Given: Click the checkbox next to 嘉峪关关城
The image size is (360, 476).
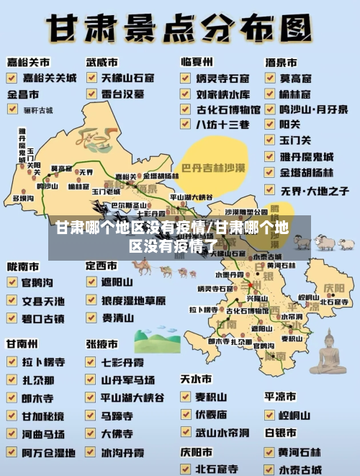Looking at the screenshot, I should pyautogui.click(x=13, y=76).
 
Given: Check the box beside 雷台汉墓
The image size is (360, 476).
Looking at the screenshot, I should pyautogui.click(x=92, y=94).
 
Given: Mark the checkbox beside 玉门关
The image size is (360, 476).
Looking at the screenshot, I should pyautogui.click(x=270, y=140).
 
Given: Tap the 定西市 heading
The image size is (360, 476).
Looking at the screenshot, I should pyautogui.click(x=102, y=266).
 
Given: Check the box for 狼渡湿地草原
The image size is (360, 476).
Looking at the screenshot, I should pyautogui.click(x=92, y=300).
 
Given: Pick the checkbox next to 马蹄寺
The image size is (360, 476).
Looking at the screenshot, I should pyautogui.click(x=92, y=416).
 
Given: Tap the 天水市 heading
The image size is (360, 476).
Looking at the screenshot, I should pyautogui.click(x=196, y=379).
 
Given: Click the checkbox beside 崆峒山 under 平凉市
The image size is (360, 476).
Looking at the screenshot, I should pyautogui.click(x=270, y=415).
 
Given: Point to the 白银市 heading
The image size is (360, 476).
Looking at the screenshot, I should pyautogui.click(x=281, y=433).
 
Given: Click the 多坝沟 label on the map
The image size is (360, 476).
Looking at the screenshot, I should pyautogui.click(x=24, y=197).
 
